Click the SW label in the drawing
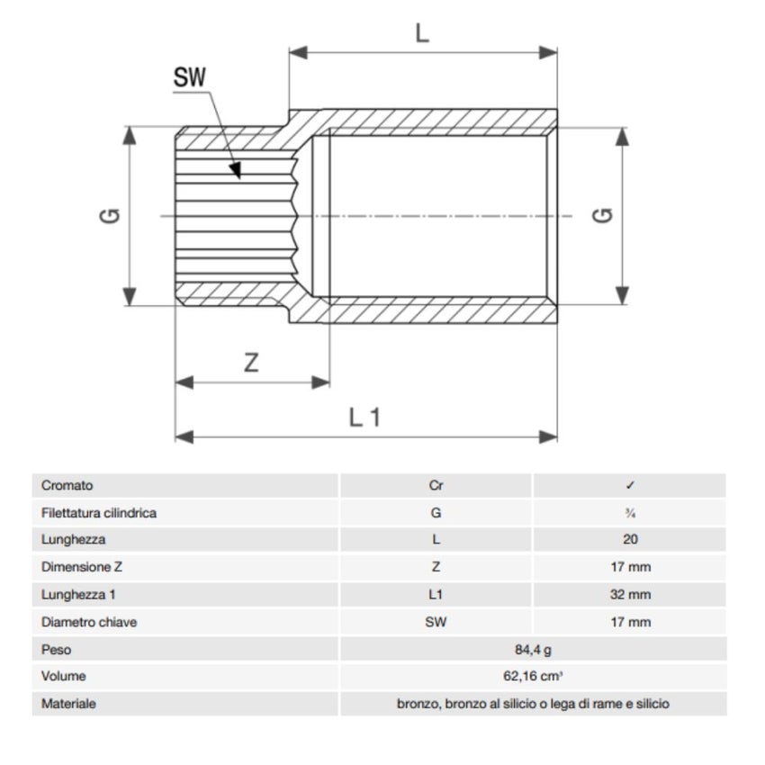[189, 78]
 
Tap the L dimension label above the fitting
[422, 33]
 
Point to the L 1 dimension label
[364, 417]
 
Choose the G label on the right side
[604, 216]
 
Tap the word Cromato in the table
[67, 485]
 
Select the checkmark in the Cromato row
[630, 485]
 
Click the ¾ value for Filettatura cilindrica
[630, 513]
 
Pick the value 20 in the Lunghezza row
[630, 540]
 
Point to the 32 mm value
[630, 595]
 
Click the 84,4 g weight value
[532, 649]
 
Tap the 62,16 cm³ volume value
[532, 676]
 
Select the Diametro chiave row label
[89, 622]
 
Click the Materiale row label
[68, 704]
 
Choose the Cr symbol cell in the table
[436, 485]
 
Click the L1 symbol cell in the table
[436, 595]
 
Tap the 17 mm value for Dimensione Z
[630, 567]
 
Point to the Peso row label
[56, 649]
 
